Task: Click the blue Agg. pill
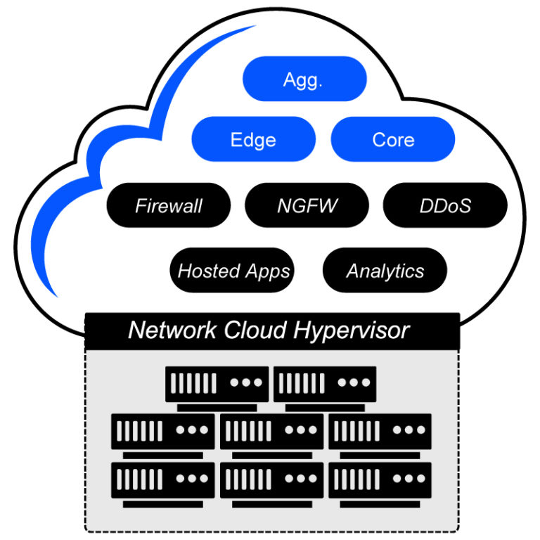(x=304, y=79)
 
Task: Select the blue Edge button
(x=253, y=139)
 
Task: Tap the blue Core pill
(x=392, y=139)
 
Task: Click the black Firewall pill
(x=168, y=205)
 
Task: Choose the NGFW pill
(x=307, y=205)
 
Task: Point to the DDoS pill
(x=444, y=205)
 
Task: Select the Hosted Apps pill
(x=233, y=271)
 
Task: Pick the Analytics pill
(x=385, y=271)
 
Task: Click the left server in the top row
(x=217, y=384)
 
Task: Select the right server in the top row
(x=325, y=384)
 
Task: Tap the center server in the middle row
(x=271, y=430)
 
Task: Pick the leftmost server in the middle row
(x=163, y=430)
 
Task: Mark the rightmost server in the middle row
(x=380, y=430)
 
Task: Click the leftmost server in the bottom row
(x=163, y=480)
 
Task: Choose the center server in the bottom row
(x=271, y=480)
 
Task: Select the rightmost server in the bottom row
(x=380, y=480)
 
